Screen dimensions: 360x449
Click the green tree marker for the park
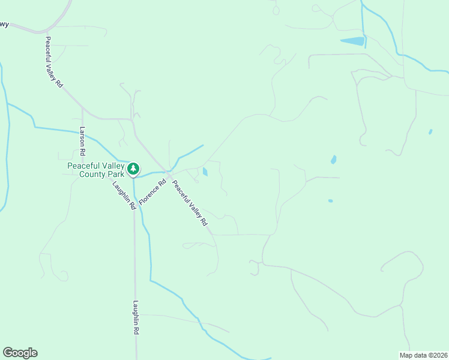point(133,169)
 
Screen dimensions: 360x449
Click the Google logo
point(20,353)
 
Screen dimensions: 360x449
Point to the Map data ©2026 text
point(423,355)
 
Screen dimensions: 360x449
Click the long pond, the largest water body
point(352,41)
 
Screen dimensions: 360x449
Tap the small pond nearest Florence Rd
point(205,172)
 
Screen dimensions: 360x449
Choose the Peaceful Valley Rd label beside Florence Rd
point(190,203)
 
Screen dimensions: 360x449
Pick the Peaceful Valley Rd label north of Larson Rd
point(53,62)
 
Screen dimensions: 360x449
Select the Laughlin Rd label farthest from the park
point(136,317)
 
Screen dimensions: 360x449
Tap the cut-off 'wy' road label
point(4,25)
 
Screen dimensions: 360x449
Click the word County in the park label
point(93,174)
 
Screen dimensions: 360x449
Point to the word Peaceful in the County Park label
point(82,165)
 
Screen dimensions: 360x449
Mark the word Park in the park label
point(116,174)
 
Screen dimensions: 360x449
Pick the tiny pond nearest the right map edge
point(430,131)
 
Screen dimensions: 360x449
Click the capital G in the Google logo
point(8,353)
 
